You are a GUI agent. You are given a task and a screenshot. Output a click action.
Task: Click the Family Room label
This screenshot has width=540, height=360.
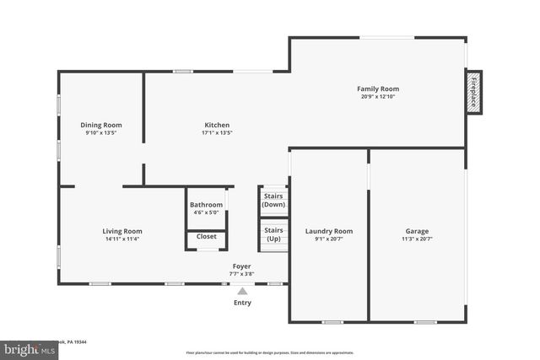pos(377,89)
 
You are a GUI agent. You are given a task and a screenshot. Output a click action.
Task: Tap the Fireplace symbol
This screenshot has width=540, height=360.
pos(473,92)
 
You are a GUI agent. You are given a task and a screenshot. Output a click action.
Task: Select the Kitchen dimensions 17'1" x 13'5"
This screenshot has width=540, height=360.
pos(217,132)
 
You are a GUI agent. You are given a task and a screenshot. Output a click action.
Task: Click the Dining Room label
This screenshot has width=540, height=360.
pos(101,125)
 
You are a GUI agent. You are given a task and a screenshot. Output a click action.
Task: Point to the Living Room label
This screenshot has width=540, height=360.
pos(122,231)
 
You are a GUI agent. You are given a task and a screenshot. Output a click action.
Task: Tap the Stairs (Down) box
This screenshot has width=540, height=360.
pos(273,201)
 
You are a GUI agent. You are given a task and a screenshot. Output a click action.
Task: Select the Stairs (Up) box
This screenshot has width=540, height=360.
pos(273,234)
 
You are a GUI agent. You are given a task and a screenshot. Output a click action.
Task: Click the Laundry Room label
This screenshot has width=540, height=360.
pos(329,231)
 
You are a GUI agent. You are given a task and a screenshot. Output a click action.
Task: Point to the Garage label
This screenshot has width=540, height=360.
pos(417,231)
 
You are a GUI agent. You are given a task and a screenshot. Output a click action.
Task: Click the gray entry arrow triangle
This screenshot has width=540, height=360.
pos(242,291)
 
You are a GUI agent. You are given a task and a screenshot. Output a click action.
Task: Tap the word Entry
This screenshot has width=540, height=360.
pos(242,303)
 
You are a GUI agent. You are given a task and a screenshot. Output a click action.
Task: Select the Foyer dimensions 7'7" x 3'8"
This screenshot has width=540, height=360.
pos(241,274)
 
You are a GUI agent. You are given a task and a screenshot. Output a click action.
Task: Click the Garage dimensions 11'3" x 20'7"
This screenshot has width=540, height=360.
pos(417,239)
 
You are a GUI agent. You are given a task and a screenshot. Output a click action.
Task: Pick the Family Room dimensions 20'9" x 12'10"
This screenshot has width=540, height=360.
pos(377,96)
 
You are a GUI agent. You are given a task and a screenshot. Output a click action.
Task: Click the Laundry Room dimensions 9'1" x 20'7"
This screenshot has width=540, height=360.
pos(329,239)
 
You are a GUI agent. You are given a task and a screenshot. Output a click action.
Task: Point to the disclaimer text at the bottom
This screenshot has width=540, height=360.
pos(270,352)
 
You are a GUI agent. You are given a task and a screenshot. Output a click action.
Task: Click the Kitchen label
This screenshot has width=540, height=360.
pos(217,125)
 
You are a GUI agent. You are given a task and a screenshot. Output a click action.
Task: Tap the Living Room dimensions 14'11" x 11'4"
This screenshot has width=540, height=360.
pos(122,239)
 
